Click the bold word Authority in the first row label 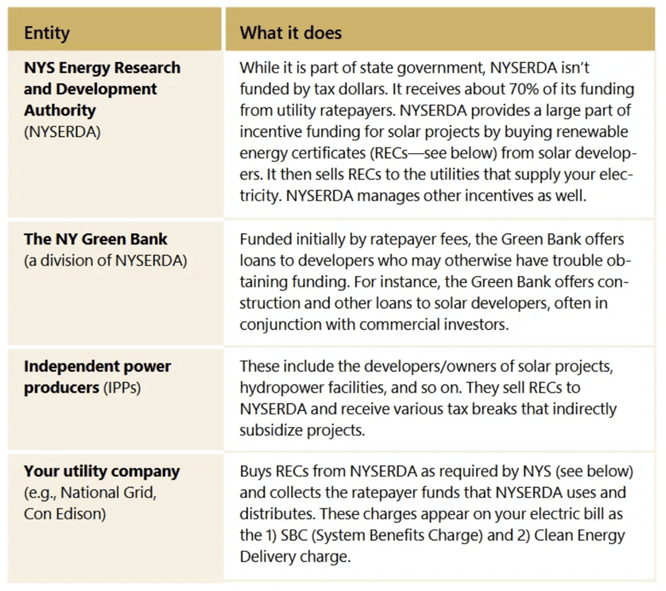pyautogui.click(x=60, y=111)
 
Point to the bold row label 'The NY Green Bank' pyautogui.click(x=96, y=240)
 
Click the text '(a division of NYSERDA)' pyautogui.click(x=105, y=260)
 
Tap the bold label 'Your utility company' pyautogui.click(x=102, y=472)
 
